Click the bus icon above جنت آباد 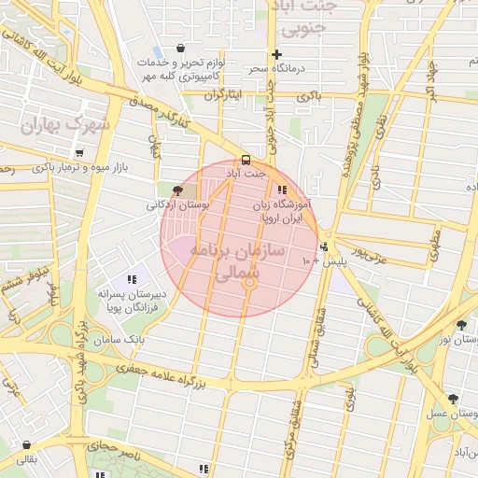tap(246, 160)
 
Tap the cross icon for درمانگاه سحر tap(276, 54)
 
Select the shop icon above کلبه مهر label tap(180, 49)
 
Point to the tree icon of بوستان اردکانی tap(178, 190)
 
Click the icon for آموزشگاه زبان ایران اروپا tap(282, 190)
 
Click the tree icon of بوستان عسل tap(454, 399)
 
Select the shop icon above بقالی tap(25, 445)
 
